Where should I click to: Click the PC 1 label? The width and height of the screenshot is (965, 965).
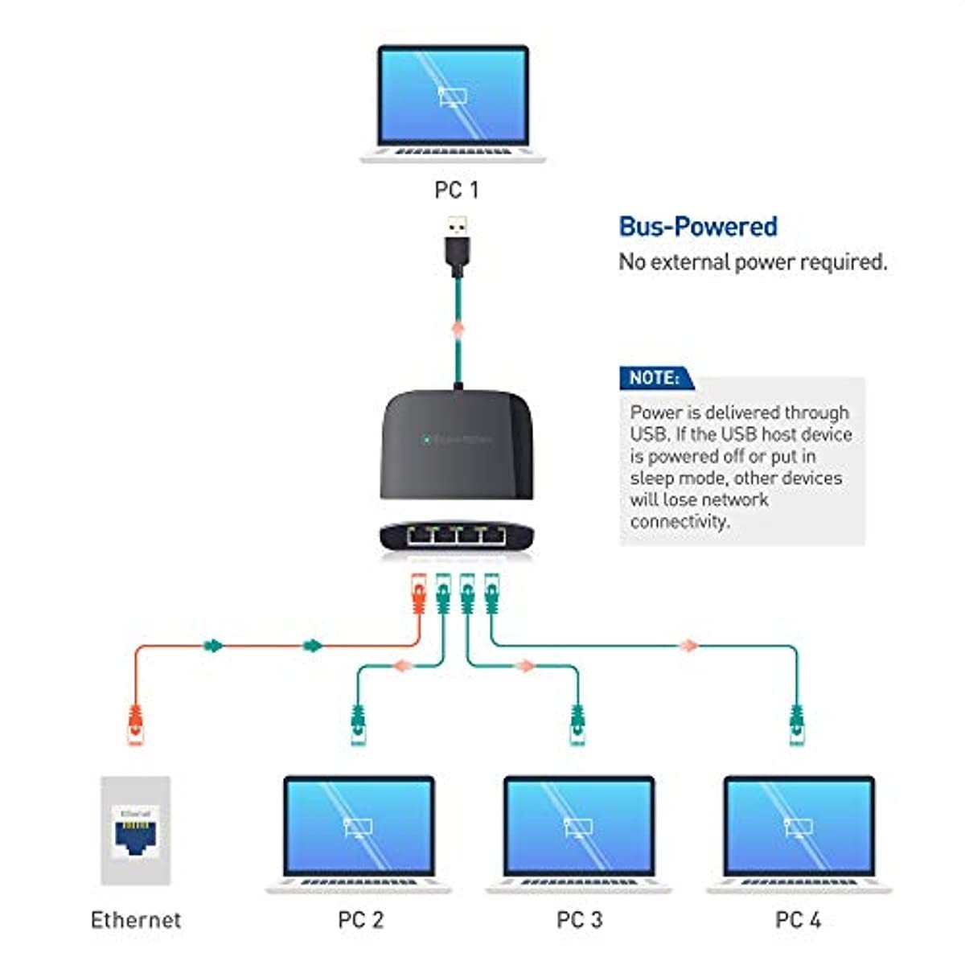pos(456,190)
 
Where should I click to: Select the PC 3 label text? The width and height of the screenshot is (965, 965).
pos(579,919)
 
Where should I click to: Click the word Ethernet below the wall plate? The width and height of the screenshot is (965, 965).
pos(135,919)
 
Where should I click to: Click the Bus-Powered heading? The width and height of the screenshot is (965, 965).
pos(697,227)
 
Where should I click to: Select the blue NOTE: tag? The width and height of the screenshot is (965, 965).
pos(655,378)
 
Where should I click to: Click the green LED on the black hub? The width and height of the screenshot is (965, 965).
pos(426,440)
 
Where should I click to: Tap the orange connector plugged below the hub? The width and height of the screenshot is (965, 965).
pos(417,595)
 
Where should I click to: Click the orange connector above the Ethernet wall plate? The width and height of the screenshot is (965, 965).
pos(136,724)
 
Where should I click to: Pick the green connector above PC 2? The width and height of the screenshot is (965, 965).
pos(359,724)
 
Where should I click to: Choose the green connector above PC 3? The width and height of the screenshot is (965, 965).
pos(577,724)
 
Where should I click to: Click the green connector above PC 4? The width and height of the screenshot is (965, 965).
pos(796,724)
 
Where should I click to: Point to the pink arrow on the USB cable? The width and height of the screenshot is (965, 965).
pos(458,330)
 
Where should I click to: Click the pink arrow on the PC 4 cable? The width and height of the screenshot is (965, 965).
pos(688,645)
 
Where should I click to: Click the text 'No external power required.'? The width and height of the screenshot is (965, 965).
pos(753,262)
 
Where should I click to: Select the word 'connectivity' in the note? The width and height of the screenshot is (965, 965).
pos(678,521)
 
